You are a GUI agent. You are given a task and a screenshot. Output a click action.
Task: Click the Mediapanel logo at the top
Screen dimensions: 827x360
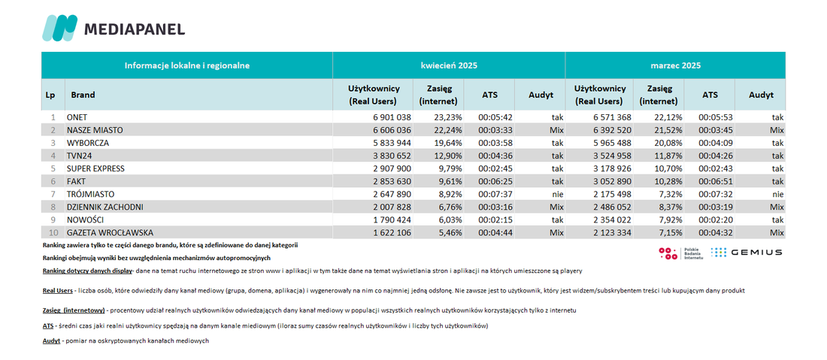pyautogui.click(x=114, y=28)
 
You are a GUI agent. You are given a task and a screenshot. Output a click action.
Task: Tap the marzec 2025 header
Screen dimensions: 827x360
pyautogui.click(x=675, y=65)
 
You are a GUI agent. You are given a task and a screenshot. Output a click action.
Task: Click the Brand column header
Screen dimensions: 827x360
pyautogui.click(x=83, y=95)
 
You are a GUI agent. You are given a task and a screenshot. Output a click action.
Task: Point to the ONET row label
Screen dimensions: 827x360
pyautogui.click(x=77, y=117)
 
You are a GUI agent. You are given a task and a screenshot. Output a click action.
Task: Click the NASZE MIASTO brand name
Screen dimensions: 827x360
pyautogui.click(x=95, y=130)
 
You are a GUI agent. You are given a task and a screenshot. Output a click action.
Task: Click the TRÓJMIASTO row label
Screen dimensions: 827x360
pyautogui.click(x=91, y=195)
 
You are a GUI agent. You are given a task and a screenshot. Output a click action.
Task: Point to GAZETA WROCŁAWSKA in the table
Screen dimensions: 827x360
pyautogui.click(x=110, y=233)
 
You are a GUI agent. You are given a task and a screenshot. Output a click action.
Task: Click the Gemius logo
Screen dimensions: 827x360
pyautogui.click(x=747, y=253)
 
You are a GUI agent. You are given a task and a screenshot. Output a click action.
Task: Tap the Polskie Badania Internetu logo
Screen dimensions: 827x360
pyautogui.click(x=681, y=253)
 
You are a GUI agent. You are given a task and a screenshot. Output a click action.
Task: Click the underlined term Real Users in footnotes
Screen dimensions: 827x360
pyautogui.click(x=57, y=291)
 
